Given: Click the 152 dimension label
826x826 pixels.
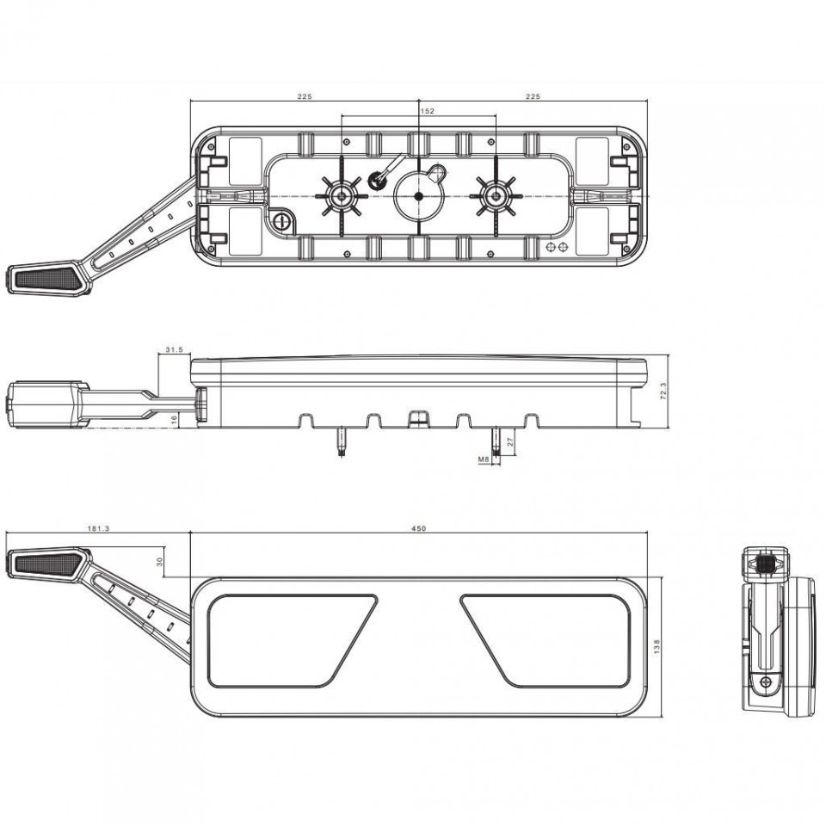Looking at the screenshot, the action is [x=428, y=111].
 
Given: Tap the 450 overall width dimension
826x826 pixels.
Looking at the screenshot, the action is [x=419, y=528].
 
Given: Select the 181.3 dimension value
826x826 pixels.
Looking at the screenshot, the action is [x=98, y=528].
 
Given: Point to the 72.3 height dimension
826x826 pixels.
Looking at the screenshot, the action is [x=663, y=391].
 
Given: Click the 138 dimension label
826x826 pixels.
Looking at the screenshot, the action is [x=656, y=647].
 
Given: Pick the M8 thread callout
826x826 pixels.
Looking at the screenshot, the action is [x=484, y=459].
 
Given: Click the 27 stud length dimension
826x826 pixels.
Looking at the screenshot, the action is [x=510, y=441].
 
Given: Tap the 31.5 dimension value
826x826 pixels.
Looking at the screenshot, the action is [x=174, y=349].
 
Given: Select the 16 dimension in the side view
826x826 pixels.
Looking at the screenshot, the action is [x=175, y=419].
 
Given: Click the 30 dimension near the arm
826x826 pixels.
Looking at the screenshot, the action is [x=160, y=562].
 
